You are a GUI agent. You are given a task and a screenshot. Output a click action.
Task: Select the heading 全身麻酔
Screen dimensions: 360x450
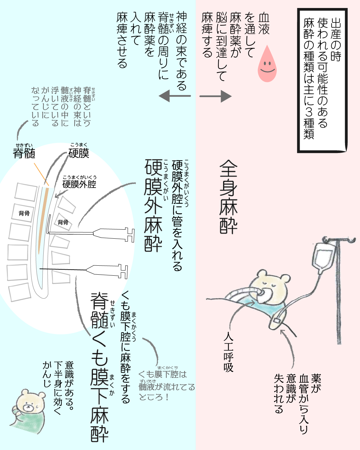[229, 197]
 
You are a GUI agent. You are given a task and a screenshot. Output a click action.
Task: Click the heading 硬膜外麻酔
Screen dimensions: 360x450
[153, 205]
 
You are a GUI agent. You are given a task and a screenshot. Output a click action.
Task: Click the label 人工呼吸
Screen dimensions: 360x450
[229, 352]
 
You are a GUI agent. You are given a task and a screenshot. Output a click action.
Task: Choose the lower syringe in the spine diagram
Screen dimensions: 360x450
[107, 271]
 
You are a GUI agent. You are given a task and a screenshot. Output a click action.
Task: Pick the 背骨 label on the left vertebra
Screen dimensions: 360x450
[24, 213]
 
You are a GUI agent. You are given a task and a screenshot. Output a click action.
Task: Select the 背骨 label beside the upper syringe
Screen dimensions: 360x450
[63, 222]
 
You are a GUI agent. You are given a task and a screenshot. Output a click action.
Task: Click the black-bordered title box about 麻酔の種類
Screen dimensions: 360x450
[322, 80]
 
